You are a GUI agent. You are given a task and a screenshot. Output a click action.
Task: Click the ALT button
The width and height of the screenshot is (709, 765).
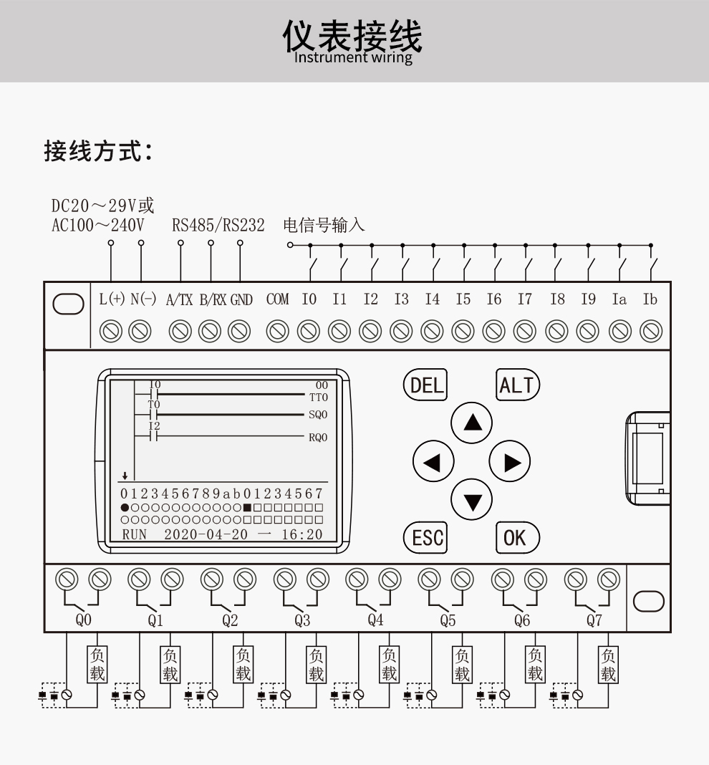click(x=517, y=385)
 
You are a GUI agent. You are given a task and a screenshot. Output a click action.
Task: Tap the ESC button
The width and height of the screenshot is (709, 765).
click(x=426, y=537)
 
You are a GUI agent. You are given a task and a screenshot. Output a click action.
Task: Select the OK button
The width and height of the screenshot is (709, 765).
click(x=516, y=537)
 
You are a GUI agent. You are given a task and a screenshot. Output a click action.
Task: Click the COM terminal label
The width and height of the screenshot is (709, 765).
click(x=278, y=299)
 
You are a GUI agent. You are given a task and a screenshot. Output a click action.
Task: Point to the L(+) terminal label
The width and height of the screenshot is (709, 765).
click(x=112, y=299)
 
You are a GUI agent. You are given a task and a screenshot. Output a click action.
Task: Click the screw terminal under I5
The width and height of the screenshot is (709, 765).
click(x=463, y=330)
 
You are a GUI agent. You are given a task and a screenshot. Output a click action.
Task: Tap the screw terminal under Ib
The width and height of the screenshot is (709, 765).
click(x=650, y=330)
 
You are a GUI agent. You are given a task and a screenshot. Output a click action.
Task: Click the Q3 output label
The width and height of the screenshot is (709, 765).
click(x=302, y=620)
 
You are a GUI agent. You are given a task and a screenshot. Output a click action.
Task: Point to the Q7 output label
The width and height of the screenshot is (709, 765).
click(x=594, y=620)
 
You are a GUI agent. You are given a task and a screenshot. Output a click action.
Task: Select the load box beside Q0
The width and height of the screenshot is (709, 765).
click(x=97, y=665)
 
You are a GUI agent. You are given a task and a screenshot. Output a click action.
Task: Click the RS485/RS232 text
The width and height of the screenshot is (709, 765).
click(x=218, y=226)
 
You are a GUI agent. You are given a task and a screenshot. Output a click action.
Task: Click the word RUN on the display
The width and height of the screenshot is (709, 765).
click(x=134, y=534)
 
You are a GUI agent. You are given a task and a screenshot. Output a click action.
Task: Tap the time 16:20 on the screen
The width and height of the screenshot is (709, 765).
click(x=302, y=534)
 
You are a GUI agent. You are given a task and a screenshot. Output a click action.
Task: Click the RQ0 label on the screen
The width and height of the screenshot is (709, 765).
click(x=318, y=437)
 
